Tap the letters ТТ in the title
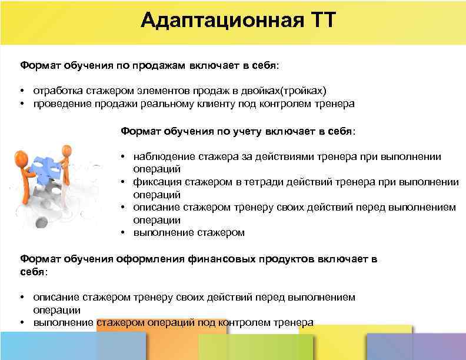(x=320, y=21)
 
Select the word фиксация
(x=157, y=182)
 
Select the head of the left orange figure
(x=21, y=157)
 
